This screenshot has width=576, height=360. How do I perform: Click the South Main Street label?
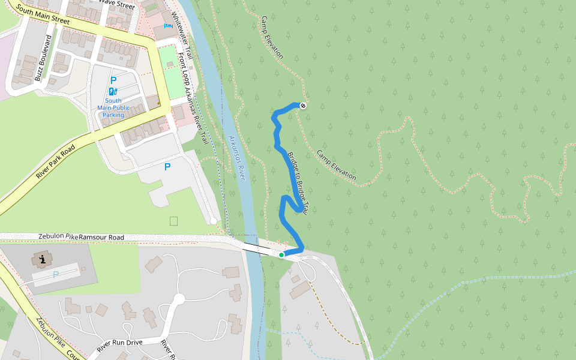pyautogui.click(x=44, y=14)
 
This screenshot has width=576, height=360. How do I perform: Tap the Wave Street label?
pyautogui.click(x=117, y=4)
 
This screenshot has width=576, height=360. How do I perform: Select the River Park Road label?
pyautogui.click(x=55, y=161)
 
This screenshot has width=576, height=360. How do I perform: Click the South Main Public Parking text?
pyautogui.click(x=113, y=107)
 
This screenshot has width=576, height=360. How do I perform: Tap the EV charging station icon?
pyautogui.click(x=113, y=91)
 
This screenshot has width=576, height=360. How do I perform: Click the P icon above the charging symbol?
pyautogui.click(x=113, y=80)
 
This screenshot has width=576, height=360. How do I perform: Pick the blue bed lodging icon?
pyautogui.click(x=167, y=28)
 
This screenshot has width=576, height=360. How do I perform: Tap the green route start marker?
pyautogui.click(x=281, y=255)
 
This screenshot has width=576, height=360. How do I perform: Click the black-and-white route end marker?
pyautogui.click(x=304, y=106)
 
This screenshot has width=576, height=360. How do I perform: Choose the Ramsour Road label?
pyautogui.click(x=101, y=238)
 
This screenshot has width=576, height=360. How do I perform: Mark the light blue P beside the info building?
pyautogui.click(x=56, y=275)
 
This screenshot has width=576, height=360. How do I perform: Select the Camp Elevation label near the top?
pyautogui.click(x=271, y=37)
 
